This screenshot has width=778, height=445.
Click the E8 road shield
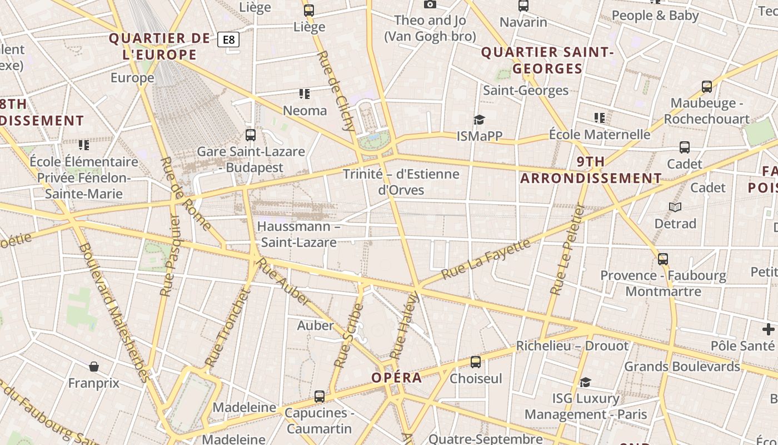(x=228, y=39)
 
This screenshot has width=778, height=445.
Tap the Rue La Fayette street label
(x=486, y=259)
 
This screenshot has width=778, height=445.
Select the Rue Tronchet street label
(x=228, y=328)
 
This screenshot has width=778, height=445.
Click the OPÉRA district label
(x=397, y=378)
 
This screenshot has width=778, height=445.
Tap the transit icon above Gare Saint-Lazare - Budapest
(x=251, y=135)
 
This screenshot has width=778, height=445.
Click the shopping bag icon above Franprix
(x=94, y=367)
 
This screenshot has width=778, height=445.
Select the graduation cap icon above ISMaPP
(x=479, y=120)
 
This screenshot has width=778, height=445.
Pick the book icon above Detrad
(x=675, y=207)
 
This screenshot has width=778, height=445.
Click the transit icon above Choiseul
(x=476, y=362)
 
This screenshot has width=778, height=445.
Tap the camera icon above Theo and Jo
(x=430, y=4)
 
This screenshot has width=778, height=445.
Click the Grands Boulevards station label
(x=682, y=367)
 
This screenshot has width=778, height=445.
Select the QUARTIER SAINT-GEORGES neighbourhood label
(x=547, y=60)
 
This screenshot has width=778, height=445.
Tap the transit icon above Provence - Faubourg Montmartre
(x=663, y=259)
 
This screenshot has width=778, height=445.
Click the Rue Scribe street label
(x=348, y=335)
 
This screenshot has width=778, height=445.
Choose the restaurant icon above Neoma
(x=305, y=94)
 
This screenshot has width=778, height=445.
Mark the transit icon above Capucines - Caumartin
(x=319, y=397)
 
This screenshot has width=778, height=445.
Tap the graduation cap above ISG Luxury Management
(x=585, y=382)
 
